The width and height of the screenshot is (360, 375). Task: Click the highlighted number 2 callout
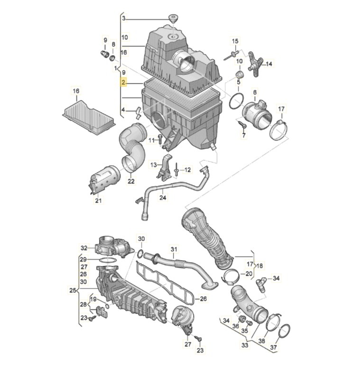[x=124, y=83]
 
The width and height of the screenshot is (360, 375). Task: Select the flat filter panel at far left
[x=89, y=113]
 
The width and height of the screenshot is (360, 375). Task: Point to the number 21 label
[x=98, y=201]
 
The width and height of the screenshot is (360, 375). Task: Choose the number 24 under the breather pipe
[x=163, y=198]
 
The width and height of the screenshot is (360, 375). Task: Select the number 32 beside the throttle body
[x=84, y=248]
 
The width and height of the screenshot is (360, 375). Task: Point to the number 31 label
[x=174, y=249]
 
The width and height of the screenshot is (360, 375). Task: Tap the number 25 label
[x=73, y=290]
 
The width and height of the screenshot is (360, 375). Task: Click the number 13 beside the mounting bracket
[x=153, y=165]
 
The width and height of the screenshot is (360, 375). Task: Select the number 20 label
[x=249, y=274]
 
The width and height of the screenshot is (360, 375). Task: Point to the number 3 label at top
[x=124, y=19]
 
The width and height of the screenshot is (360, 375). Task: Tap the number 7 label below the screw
[x=244, y=135]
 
